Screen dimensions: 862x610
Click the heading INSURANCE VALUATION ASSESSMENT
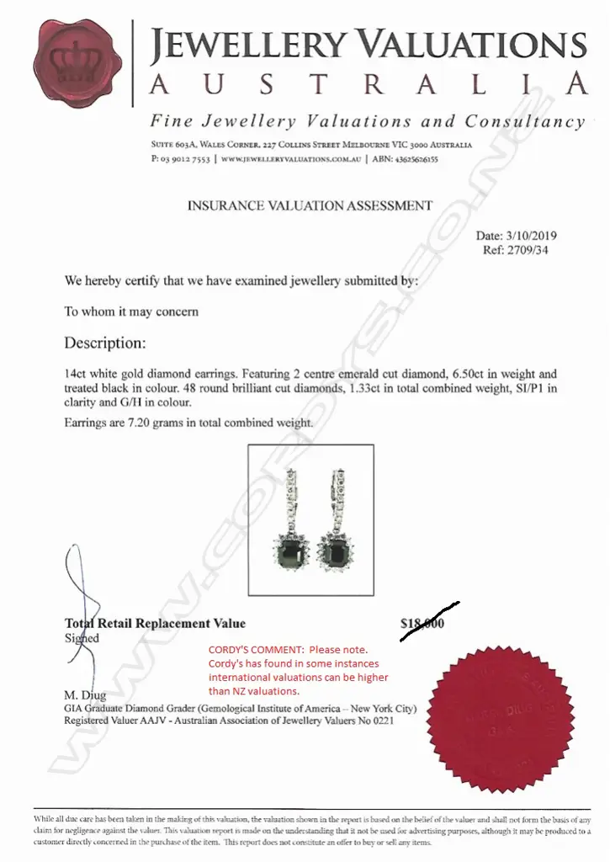[309, 205]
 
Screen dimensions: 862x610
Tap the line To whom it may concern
[131, 311]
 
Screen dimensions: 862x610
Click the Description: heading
[105, 343]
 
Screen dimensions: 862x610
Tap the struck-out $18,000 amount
[422, 624]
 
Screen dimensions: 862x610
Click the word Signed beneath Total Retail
[82, 638]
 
